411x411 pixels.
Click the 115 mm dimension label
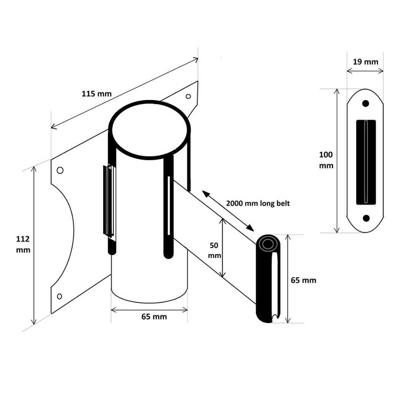(x=97, y=94)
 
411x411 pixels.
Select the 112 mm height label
(x=23, y=245)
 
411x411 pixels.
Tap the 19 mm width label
(x=365, y=61)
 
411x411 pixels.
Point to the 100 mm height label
(x=326, y=160)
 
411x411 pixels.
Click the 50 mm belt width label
(x=215, y=250)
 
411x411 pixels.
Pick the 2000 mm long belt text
(x=258, y=203)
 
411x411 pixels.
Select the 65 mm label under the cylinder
(x=154, y=316)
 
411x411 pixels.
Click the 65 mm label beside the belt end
(x=303, y=280)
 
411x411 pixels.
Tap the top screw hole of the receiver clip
(x=366, y=103)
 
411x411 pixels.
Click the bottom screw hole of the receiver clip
(x=366, y=218)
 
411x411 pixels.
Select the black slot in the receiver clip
(x=366, y=162)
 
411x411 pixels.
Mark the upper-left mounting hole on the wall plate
(x=60, y=170)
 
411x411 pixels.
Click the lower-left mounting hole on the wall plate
(x=59, y=296)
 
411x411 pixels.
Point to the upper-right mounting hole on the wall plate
(x=188, y=96)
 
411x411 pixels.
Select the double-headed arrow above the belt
(x=228, y=210)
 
